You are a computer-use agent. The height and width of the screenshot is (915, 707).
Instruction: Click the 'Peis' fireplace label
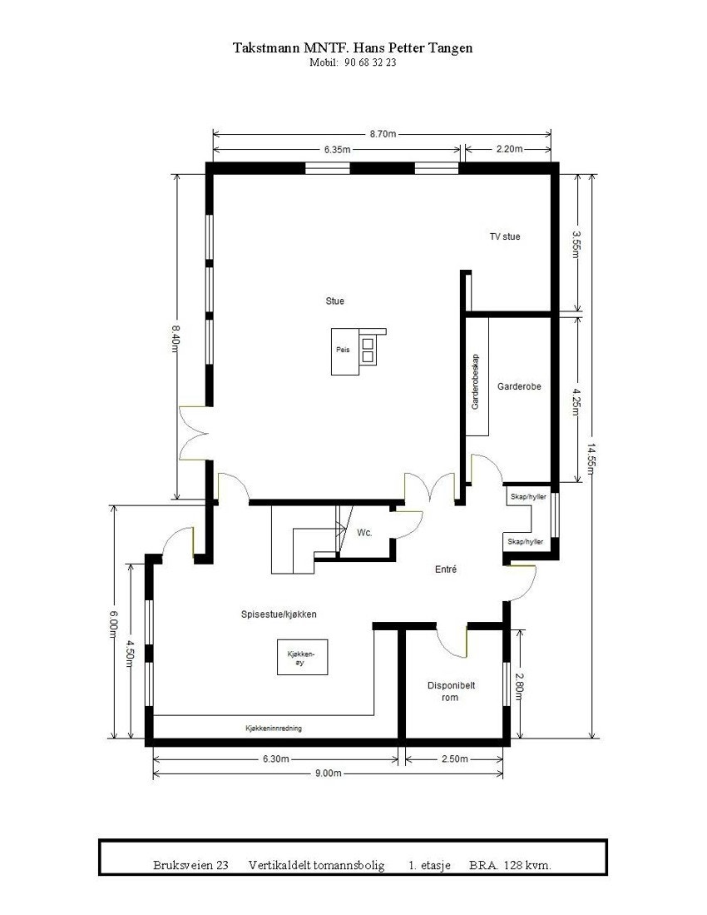click(x=342, y=351)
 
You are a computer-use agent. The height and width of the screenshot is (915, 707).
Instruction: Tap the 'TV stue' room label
click(x=504, y=236)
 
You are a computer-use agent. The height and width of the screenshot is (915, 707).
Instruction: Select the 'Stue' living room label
click(x=334, y=301)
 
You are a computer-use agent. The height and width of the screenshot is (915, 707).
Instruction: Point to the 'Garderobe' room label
click(x=519, y=386)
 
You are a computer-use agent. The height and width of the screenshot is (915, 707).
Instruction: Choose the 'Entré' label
click(x=447, y=569)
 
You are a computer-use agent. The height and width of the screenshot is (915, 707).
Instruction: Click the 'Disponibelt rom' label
click(x=451, y=691)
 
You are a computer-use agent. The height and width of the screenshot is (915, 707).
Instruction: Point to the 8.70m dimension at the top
click(x=382, y=133)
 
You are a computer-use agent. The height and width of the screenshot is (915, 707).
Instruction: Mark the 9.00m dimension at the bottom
click(x=328, y=773)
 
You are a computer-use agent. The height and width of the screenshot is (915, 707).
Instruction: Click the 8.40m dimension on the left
click(x=176, y=338)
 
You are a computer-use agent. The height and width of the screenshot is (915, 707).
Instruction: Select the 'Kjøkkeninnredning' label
click(x=273, y=728)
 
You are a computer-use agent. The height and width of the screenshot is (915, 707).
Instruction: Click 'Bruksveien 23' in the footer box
click(x=190, y=865)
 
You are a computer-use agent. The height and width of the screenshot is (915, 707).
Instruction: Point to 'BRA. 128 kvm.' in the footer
click(x=510, y=865)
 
